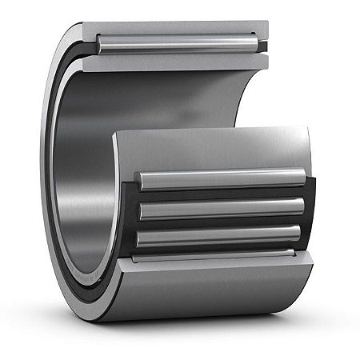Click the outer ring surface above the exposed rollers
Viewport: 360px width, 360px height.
(x=216, y=148)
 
